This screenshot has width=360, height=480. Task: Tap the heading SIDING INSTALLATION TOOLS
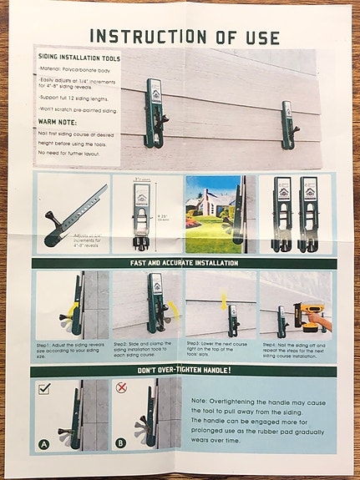point(80,59)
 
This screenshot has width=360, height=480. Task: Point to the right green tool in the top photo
point(288,125)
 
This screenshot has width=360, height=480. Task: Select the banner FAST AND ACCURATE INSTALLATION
point(183,263)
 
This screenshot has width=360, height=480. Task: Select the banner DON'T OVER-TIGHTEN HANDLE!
point(183,370)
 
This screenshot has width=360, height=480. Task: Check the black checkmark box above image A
point(46,388)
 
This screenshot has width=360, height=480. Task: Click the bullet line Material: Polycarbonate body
point(76,71)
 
